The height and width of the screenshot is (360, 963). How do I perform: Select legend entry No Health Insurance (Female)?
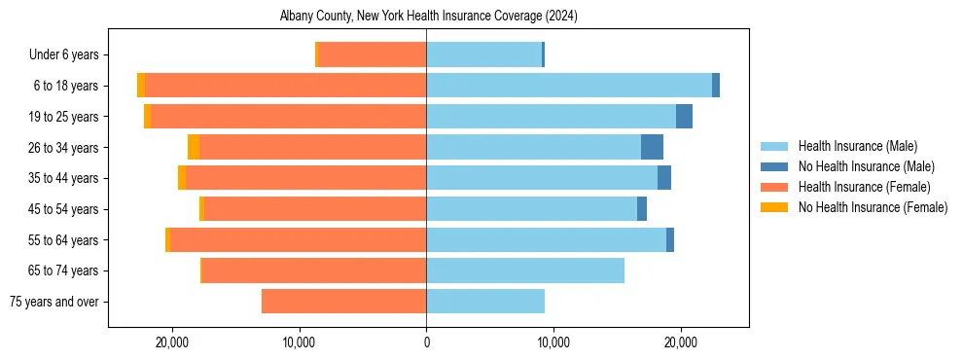(873, 207)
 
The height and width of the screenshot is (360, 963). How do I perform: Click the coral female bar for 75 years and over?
(343, 302)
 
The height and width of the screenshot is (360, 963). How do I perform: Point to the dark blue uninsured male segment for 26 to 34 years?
(652, 147)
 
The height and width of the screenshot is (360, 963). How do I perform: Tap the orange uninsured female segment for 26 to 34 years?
(194, 147)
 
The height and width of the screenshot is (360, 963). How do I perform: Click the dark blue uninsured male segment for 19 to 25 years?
(684, 116)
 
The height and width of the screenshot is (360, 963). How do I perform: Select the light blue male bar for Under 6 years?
(483, 54)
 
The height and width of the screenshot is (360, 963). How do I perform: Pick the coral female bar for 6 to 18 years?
(285, 86)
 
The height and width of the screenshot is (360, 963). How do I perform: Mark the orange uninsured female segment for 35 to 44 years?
(182, 178)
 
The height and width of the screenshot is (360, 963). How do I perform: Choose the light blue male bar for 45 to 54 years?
(531, 209)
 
